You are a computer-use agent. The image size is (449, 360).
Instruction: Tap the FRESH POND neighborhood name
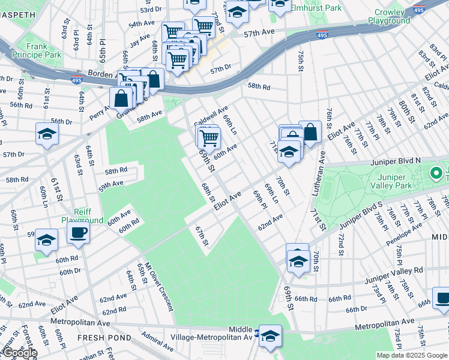pyautogui.click(x=101, y=338)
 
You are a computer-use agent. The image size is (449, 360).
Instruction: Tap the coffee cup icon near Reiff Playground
pyautogui.click(x=78, y=232)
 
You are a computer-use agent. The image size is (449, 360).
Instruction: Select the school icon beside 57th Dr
pyautogui.click(x=47, y=133)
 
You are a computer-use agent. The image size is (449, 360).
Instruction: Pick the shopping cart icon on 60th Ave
pyautogui.click(x=209, y=137)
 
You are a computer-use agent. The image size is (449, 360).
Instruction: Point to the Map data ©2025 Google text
pyautogui.click(x=412, y=355)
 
